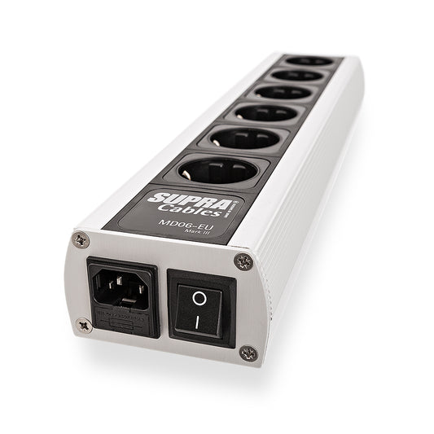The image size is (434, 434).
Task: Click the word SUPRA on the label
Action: coord(172,197)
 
